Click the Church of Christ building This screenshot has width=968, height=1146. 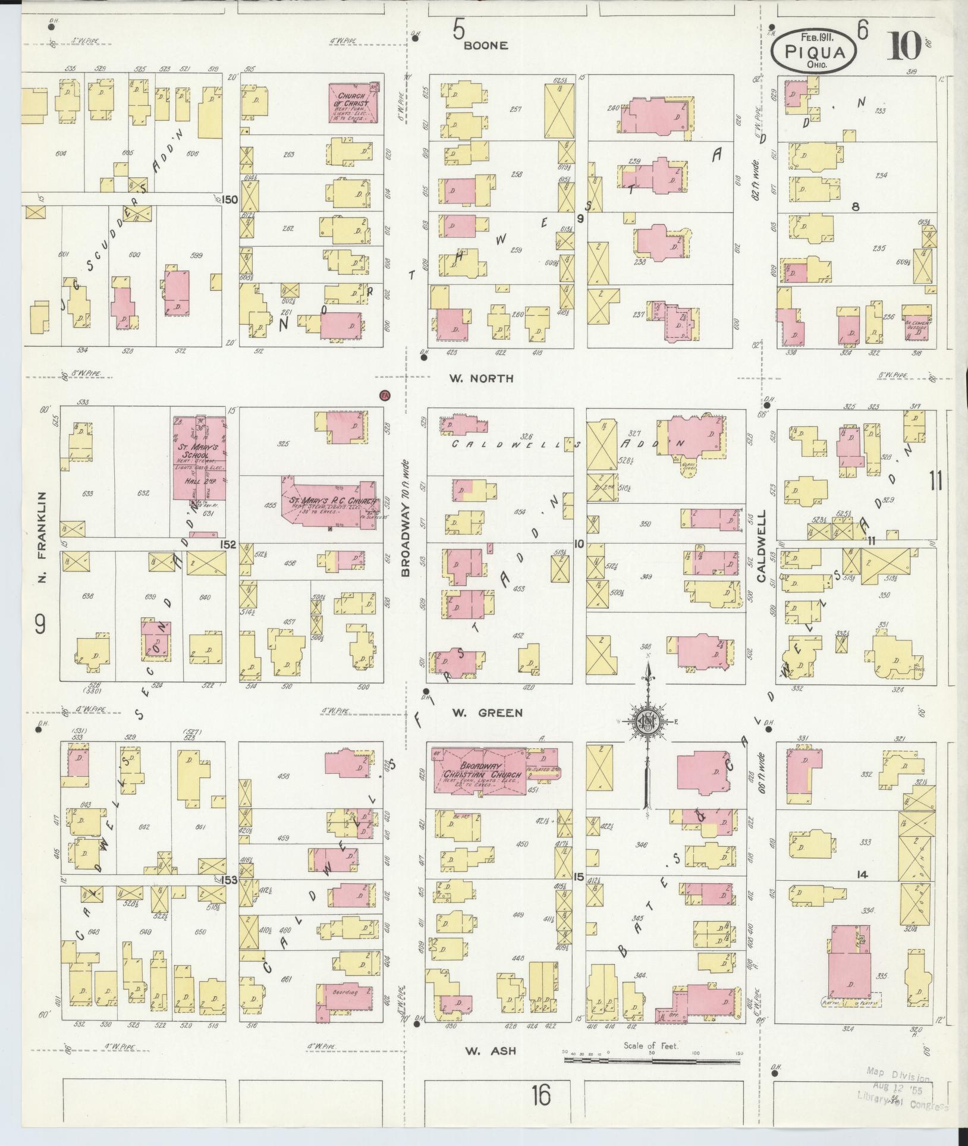pos(353,103)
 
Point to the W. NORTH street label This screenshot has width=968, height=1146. pos(490,378)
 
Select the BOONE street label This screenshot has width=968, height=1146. pos(486,45)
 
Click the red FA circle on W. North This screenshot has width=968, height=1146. pos(384,395)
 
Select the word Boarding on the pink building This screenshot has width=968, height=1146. pos(345,993)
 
